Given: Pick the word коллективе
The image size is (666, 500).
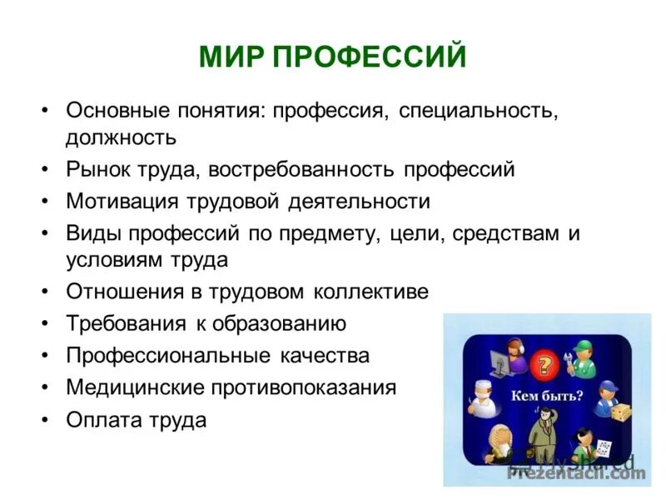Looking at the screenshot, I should [371, 292].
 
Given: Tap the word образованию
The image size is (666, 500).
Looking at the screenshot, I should [282, 322].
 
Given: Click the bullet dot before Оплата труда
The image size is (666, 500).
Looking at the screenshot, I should [45, 419].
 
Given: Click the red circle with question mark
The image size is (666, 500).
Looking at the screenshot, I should [546, 365].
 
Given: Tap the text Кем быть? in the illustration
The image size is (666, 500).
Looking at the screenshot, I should [546, 397].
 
